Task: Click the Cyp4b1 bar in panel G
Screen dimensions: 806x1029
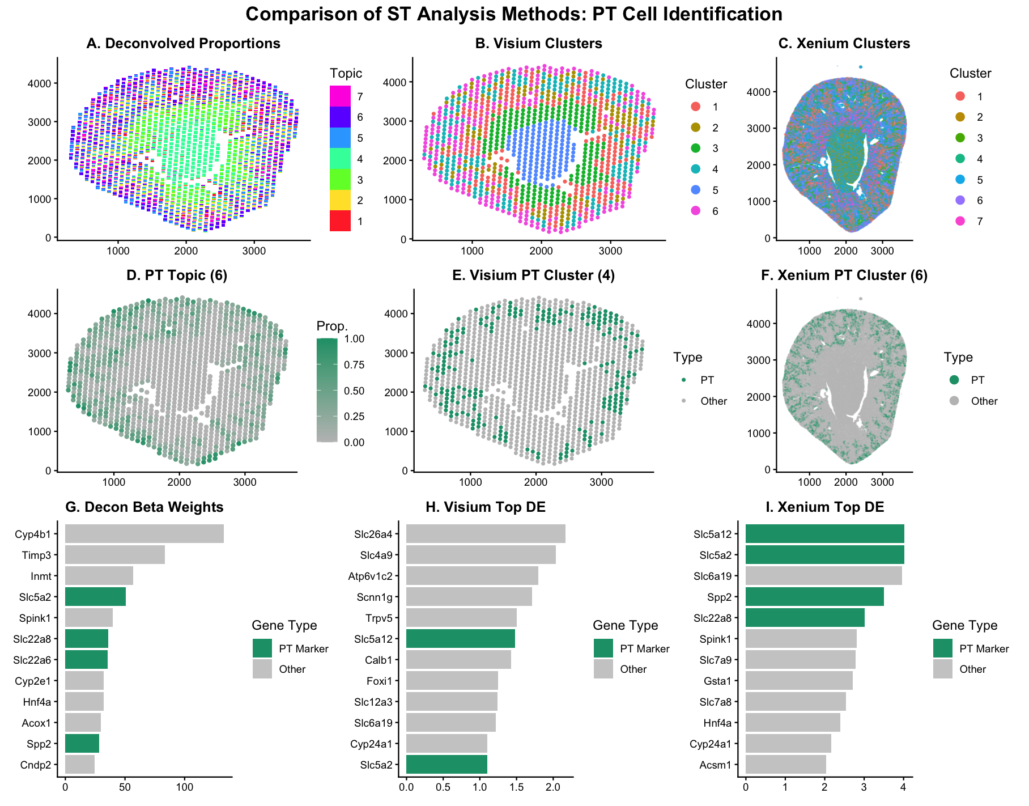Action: [144, 534]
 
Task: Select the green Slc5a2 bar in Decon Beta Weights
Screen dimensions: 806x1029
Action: [95, 597]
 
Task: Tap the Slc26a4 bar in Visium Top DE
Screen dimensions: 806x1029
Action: [485, 534]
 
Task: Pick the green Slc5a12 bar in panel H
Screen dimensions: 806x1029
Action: [460, 639]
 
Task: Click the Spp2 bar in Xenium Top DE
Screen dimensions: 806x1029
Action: [814, 597]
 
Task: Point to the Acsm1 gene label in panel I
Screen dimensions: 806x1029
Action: [715, 765]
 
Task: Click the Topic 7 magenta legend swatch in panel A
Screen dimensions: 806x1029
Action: [339, 96]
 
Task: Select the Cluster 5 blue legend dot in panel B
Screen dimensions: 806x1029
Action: [696, 190]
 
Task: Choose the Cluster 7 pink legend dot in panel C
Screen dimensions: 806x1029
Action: [960, 221]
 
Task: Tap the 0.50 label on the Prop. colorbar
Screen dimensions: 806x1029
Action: [354, 391]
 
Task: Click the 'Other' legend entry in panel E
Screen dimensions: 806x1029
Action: [713, 401]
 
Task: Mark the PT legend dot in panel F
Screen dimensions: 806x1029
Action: [954, 380]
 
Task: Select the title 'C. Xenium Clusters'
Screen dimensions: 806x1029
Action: [844, 44]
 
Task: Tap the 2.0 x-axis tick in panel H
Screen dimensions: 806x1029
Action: [553, 787]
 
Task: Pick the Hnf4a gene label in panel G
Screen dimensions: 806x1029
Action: [37, 702]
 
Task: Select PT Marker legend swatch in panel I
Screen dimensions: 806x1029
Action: [942, 648]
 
